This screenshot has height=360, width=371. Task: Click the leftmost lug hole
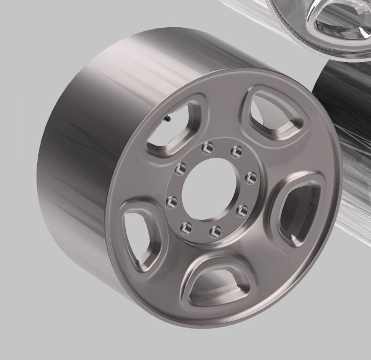click(172, 202)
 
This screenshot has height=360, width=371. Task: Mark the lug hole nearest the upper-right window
click(236, 152)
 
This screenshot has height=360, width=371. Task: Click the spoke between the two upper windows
click(223, 113)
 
